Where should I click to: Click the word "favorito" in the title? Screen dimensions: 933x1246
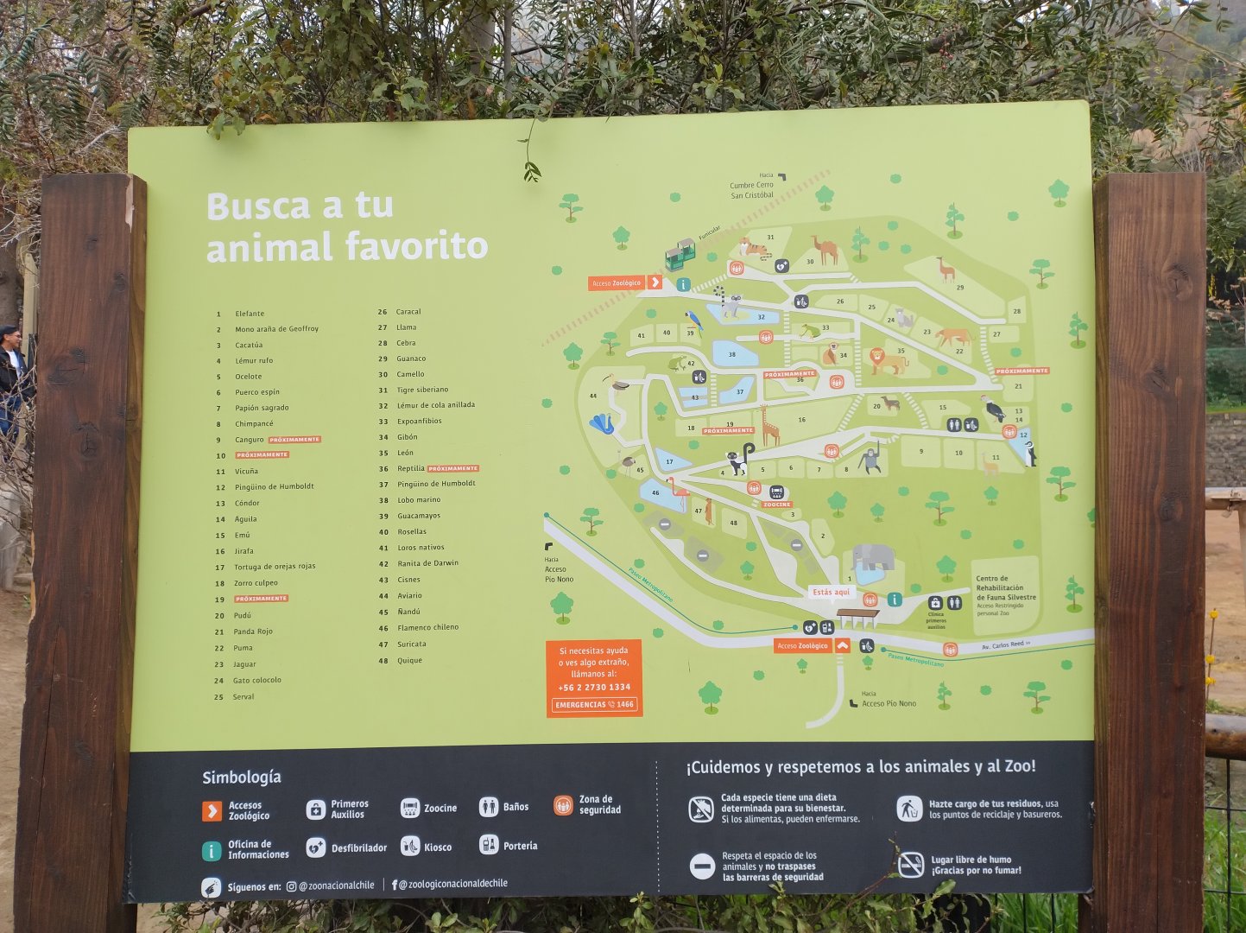coord(416,246)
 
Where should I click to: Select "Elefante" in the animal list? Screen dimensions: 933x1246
coord(250,314)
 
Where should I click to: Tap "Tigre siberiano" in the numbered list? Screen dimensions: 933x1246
coord(422,390)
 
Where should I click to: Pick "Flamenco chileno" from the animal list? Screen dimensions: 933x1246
coord(427,627)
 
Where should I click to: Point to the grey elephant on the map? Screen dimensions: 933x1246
coord(873,558)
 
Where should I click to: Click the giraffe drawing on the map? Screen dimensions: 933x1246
coord(768,426)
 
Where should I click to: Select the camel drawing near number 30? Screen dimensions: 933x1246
coord(825,251)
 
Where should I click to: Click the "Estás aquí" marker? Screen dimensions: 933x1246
coord(832,592)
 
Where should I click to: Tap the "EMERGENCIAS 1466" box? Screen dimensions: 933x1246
coord(594,704)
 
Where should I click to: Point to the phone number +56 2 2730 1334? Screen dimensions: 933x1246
coord(594,687)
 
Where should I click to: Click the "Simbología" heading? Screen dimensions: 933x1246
coord(242,777)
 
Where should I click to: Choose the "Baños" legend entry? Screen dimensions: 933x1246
coord(515,807)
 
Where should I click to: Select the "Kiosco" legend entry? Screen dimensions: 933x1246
coord(437,847)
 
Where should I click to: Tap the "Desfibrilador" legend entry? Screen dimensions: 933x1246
coord(358,847)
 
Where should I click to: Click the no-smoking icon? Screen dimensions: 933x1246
coord(911,864)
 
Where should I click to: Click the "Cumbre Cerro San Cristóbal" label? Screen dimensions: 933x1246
coord(751,190)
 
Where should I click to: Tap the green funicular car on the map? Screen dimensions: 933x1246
coord(680,255)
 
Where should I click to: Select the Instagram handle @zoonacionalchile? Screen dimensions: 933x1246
coord(336,885)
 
